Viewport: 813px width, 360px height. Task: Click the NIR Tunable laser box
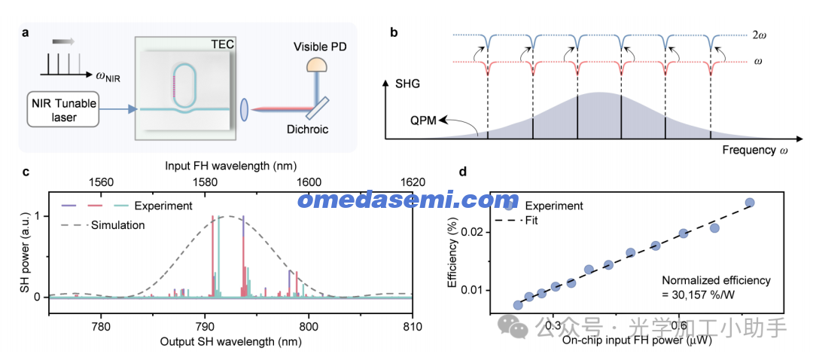[63, 108]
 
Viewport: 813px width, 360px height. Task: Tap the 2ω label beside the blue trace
[758, 35]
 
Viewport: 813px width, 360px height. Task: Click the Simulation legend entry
[117, 224]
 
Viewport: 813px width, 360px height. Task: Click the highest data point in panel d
[749, 203]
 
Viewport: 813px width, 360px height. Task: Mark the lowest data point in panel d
[517, 305]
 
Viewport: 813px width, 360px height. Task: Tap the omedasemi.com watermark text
[407, 200]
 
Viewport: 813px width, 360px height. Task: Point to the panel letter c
[26, 172]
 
